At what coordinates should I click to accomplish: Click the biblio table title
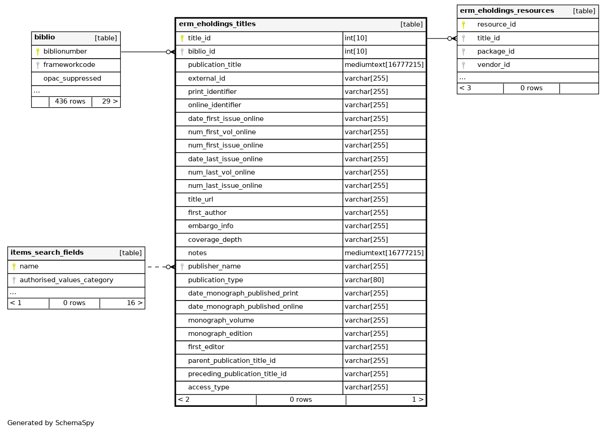coord(45,38)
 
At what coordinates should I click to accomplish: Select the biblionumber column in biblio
coord(65,52)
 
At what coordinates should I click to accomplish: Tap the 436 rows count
coord(70,102)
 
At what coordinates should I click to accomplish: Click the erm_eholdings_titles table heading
coord(217,24)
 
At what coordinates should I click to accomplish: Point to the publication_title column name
coord(214,65)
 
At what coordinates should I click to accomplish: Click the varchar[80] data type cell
coord(364,280)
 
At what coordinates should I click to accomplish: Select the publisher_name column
coord(214,267)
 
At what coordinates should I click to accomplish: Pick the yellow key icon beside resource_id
coord(463,25)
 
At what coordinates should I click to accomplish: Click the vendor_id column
coord(493,65)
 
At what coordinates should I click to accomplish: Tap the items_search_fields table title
coord(47,253)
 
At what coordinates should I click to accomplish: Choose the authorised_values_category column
coord(66,280)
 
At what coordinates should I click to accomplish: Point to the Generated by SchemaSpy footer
coord(51,423)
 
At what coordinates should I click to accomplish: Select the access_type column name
coord(209,388)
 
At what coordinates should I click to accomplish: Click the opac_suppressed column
coord(72,79)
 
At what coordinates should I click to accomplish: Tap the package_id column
coord(496,52)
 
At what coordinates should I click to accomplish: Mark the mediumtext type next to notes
coord(384,253)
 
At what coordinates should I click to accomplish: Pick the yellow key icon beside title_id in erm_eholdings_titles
coord(182,38)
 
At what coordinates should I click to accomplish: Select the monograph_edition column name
coord(220,334)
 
